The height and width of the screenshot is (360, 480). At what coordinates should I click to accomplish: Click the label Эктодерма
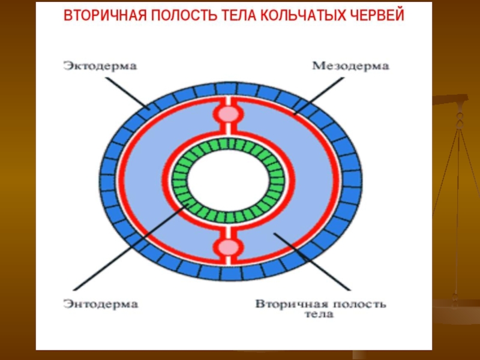coord(100,66)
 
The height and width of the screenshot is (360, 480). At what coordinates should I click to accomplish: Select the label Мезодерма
coord(351,66)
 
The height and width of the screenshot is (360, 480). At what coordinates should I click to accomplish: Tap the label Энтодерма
coord(101,304)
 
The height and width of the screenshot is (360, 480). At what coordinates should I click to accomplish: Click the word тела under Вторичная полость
coord(319,314)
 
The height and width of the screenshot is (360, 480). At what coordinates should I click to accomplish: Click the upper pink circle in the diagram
coord(228,114)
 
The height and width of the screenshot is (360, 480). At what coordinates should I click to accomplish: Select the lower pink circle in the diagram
coord(228,247)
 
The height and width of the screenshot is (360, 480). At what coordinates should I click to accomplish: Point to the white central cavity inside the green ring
coord(228,181)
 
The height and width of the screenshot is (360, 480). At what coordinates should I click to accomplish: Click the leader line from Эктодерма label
coord(128,94)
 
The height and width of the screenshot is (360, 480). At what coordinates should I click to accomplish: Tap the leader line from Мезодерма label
coord(319,96)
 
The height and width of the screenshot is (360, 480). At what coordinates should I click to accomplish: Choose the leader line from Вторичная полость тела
coord(312,262)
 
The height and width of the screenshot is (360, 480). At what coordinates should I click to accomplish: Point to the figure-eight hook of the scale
coord(459,120)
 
